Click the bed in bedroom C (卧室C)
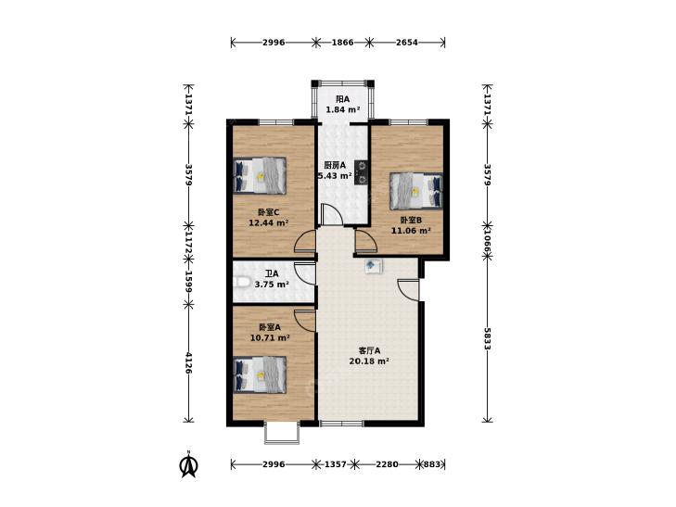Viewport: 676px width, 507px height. (x=260, y=175)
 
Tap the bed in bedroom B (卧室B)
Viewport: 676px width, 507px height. (x=416, y=191)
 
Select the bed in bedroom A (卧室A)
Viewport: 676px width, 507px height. (x=260, y=374)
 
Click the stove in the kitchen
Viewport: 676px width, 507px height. (x=362, y=172)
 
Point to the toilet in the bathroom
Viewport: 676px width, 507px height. (x=242, y=282)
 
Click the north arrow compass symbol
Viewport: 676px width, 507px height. (x=188, y=464)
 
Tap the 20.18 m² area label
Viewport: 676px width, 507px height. (x=369, y=361)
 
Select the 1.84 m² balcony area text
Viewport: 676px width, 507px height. (x=343, y=109)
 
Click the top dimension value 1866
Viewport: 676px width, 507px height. (x=343, y=43)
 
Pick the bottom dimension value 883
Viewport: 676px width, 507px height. (x=432, y=464)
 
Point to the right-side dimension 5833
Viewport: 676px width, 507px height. (x=487, y=338)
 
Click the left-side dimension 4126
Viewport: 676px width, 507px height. (x=188, y=362)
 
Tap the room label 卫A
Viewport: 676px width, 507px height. (x=272, y=273)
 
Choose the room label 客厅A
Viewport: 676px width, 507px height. (x=369, y=350)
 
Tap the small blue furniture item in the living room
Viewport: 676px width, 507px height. (x=374, y=266)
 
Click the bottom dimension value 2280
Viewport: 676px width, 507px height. (x=388, y=464)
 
